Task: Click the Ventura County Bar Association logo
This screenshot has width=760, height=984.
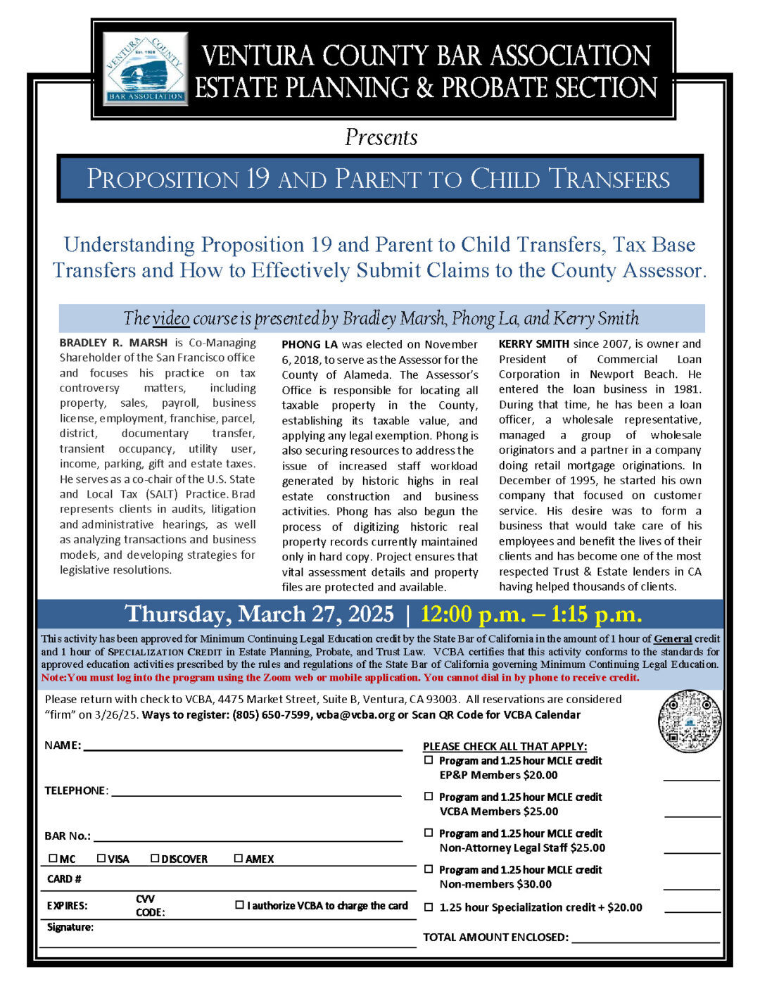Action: click(146, 68)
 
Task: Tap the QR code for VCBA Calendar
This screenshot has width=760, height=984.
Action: click(690, 721)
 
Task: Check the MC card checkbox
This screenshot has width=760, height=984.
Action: click(53, 858)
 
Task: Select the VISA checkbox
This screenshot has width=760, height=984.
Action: click(101, 858)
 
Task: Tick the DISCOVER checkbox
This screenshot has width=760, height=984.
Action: click(155, 858)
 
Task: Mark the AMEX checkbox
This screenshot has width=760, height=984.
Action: click(239, 858)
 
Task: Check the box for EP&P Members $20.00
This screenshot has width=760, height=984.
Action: click(429, 760)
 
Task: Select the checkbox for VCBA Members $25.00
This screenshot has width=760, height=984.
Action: click(429, 796)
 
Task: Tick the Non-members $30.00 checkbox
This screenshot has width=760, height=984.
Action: click(429, 869)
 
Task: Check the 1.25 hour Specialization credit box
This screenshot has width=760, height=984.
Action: click(429, 907)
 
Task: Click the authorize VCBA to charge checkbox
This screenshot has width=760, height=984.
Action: click(240, 904)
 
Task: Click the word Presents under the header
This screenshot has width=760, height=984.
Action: click(381, 137)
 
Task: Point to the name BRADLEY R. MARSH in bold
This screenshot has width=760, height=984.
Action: click(113, 343)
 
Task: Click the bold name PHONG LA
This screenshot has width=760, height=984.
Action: click(310, 344)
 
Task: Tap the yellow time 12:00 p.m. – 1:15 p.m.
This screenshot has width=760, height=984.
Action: click(531, 614)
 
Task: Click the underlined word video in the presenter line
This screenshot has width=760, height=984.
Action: click(171, 319)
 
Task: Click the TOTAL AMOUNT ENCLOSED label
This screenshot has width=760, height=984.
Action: click(495, 937)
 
